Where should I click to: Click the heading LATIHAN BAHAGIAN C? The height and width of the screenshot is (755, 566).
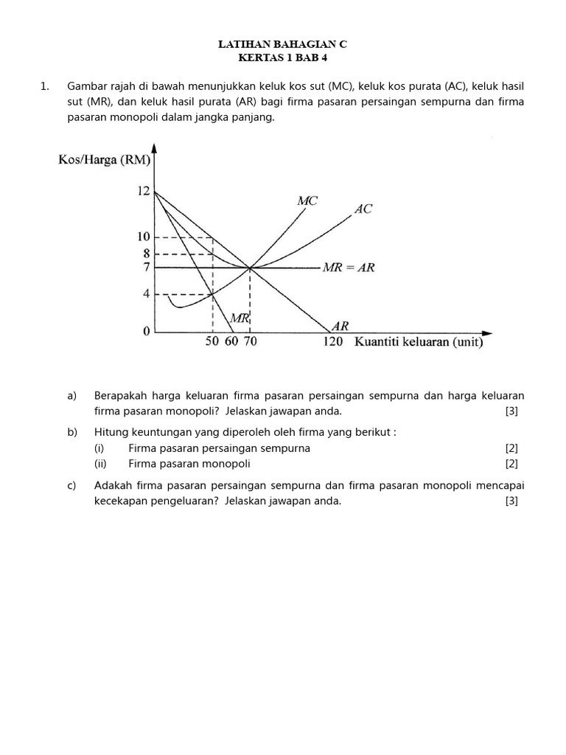tap(282, 45)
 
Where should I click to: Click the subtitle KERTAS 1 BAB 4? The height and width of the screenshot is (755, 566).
tap(282, 58)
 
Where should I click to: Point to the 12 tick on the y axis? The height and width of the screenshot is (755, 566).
tap(143, 192)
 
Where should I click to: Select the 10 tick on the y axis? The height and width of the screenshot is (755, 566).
tap(143, 237)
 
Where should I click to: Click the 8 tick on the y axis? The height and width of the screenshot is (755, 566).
tap(147, 254)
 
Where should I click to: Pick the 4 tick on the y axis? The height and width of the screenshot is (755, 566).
tap(147, 294)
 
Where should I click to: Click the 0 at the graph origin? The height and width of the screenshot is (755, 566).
tap(147, 332)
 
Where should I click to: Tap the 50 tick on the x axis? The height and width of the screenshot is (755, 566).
tap(213, 343)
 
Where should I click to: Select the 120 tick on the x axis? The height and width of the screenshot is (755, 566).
tap(332, 343)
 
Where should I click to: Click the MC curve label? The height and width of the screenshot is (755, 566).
tap(307, 201)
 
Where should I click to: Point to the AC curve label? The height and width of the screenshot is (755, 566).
tap(363, 209)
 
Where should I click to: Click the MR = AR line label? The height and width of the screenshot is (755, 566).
tap(349, 268)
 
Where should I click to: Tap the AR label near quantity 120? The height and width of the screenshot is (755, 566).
tap(340, 325)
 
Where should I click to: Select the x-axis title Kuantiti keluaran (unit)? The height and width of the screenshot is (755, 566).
tap(419, 342)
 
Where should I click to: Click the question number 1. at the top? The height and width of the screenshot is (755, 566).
tap(46, 87)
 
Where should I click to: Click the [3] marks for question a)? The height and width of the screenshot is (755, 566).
tap(511, 411)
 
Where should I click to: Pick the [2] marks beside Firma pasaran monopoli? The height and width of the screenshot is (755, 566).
tap(511, 464)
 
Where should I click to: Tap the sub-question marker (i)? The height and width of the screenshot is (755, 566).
tap(99, 448)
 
